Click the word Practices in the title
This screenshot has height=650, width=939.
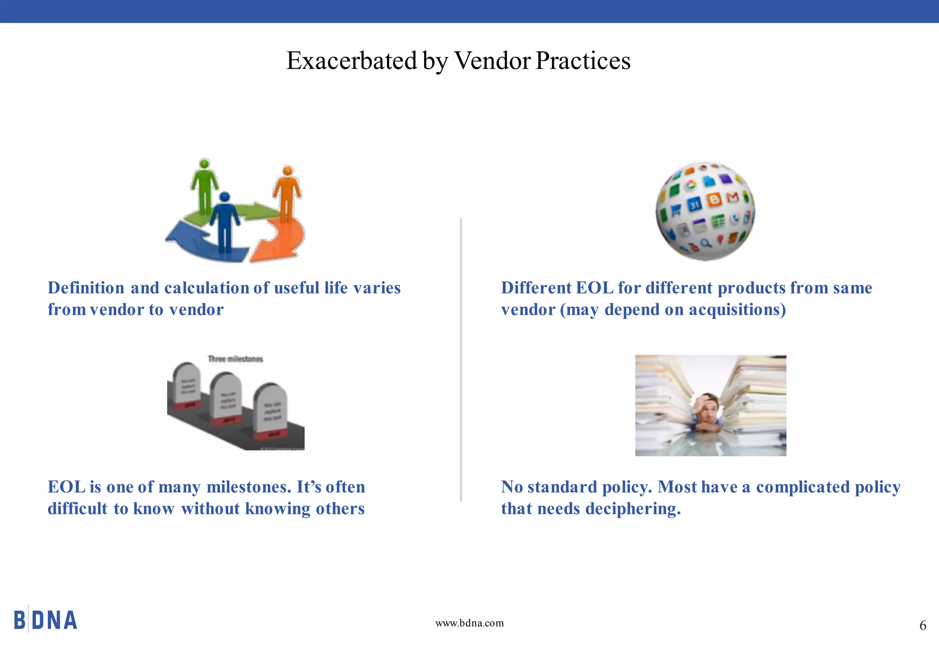(x=583, y=61)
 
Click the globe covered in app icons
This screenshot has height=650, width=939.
(x=705, y=211)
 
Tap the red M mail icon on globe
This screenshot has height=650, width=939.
(x=733, y=197)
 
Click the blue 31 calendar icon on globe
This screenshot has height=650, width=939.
(x=695, y=204)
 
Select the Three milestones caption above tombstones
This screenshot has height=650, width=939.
(x=236, y=359)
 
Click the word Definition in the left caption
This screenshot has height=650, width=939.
(x=86, y=288)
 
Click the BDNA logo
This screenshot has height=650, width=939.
(x=45, y=620)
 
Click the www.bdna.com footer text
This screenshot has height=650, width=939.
(x=469, y=623)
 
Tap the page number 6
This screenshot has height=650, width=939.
(x=922, y=626)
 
